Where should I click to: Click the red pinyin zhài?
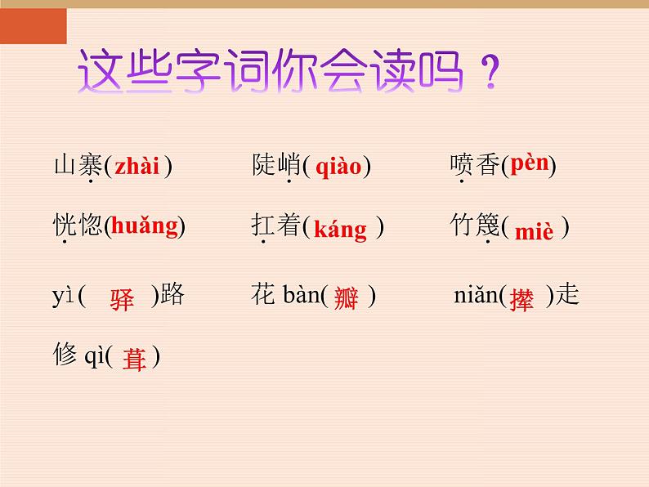137,168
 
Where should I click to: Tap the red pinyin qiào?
338,168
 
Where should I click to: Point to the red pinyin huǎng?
144,226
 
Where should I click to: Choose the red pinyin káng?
340,230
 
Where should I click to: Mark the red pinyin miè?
534,232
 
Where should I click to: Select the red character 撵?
521,299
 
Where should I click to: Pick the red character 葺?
134,359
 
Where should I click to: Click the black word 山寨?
78,166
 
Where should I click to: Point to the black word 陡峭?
276,166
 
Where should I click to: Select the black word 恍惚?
78,226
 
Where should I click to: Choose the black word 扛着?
276,226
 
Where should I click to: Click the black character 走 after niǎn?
567,295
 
